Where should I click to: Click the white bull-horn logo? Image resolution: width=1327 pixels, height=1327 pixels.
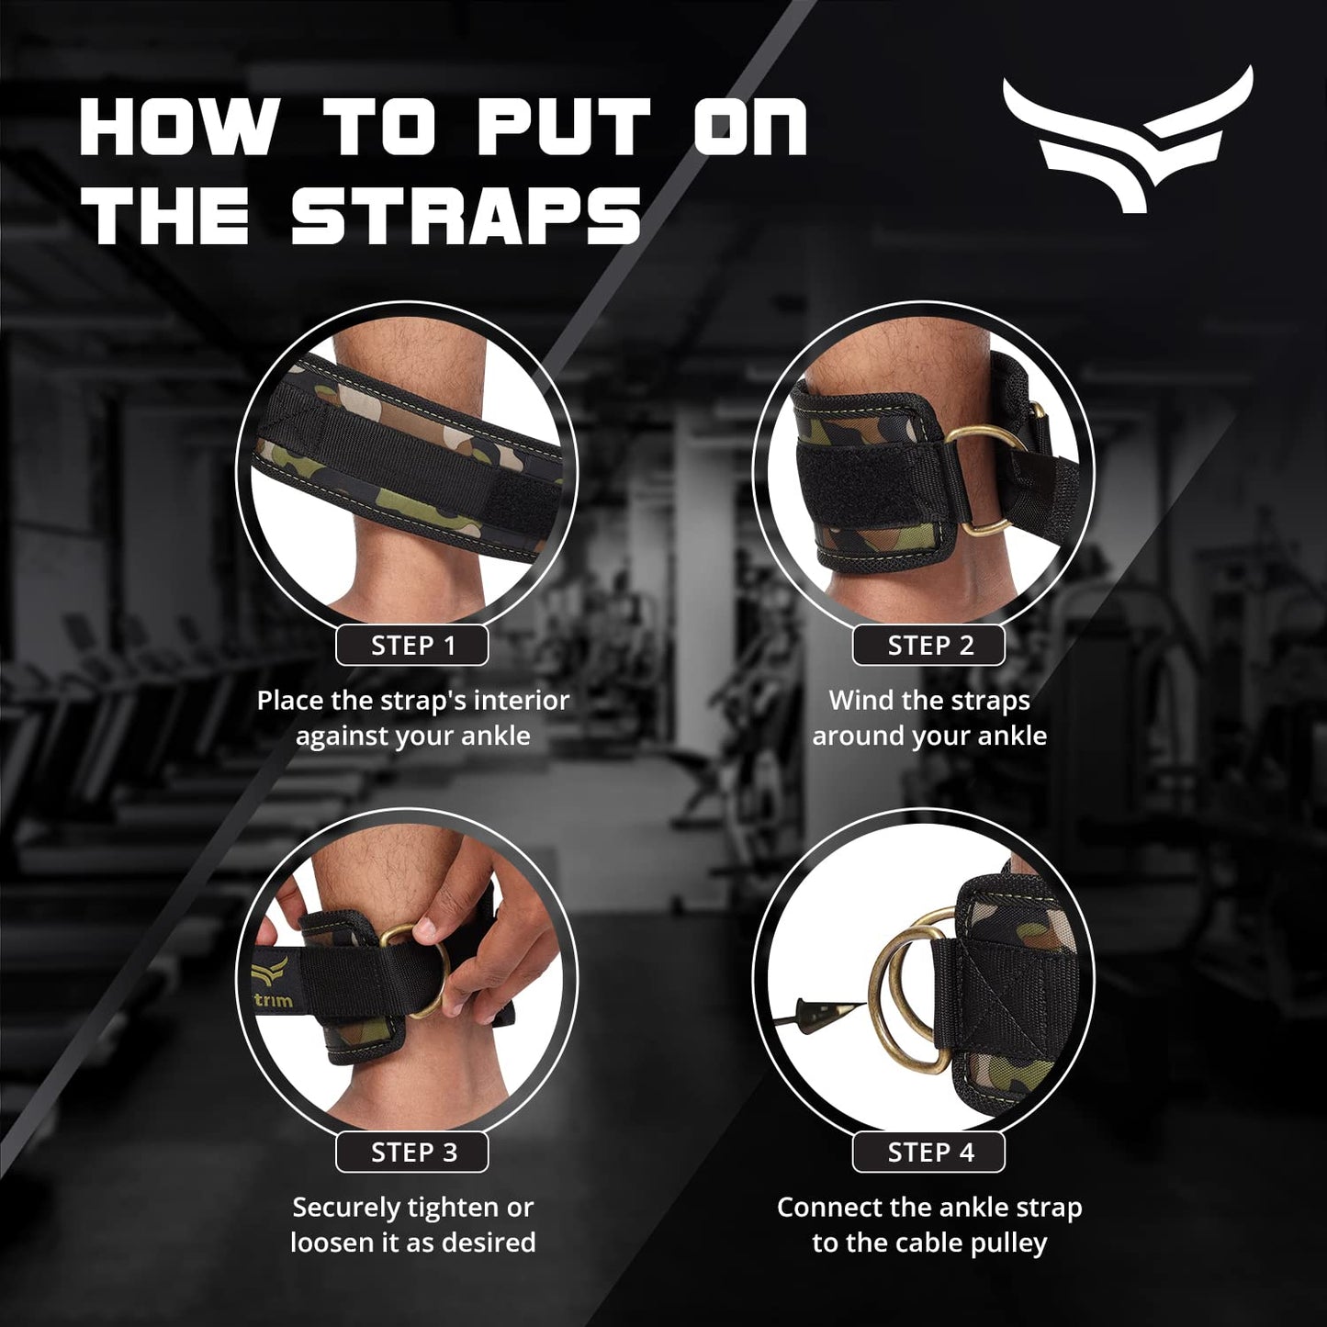click(x=1127, y=138)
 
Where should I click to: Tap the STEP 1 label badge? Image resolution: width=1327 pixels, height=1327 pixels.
click(x=412, y=646)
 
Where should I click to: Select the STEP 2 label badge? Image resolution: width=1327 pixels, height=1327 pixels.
click(x=929, y=646)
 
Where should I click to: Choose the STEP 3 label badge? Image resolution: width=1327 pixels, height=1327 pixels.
click(x=412, y=1153)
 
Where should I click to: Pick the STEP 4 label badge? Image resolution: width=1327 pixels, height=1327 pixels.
click(x=929, y=1153)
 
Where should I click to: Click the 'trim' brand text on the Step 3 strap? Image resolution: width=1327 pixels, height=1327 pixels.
click(x=272, y=999)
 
